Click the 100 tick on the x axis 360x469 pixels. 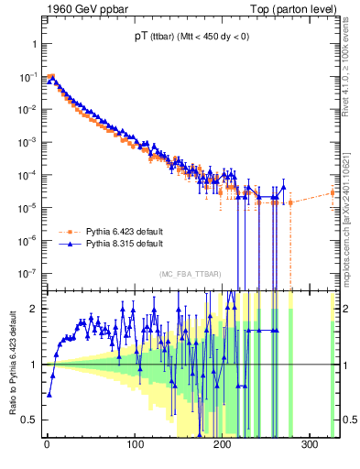point(136,444)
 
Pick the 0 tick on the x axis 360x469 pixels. point(47,444)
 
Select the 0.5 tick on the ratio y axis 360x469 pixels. point(29,420)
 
